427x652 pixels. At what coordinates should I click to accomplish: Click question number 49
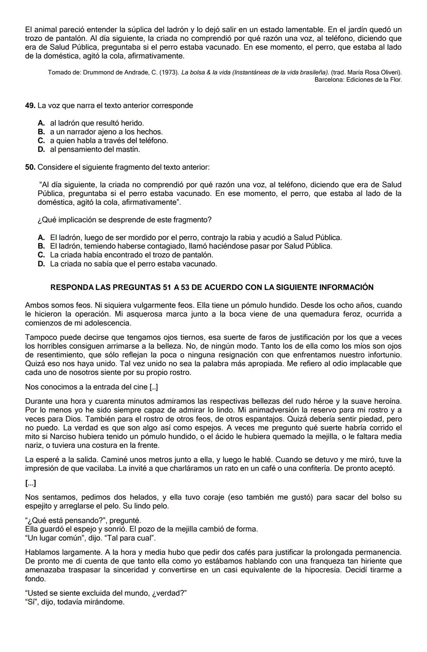pos(30,106)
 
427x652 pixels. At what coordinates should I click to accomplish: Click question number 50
pos(30,167)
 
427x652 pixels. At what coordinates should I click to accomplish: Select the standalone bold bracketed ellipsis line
pos(30,483)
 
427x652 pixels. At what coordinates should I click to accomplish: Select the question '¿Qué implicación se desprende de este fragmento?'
pos(124,220)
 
